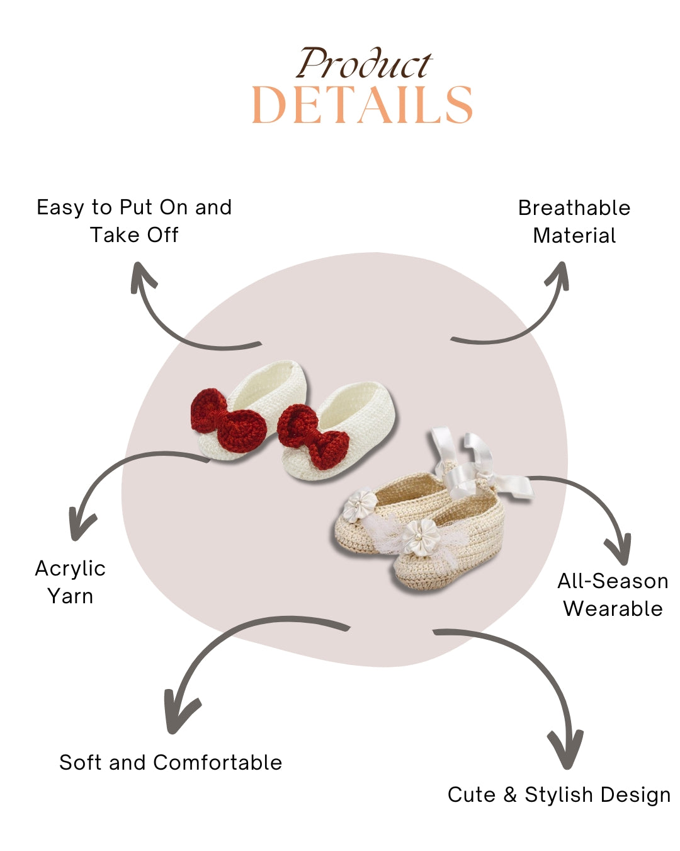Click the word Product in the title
point(364,64)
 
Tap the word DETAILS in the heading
point(362,105)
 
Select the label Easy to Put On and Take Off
point(134,221)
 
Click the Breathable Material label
point(574,221)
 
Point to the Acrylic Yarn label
point(70,582)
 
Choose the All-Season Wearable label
point(613,594)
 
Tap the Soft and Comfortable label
point(171,762)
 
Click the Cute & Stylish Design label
point(558,794)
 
